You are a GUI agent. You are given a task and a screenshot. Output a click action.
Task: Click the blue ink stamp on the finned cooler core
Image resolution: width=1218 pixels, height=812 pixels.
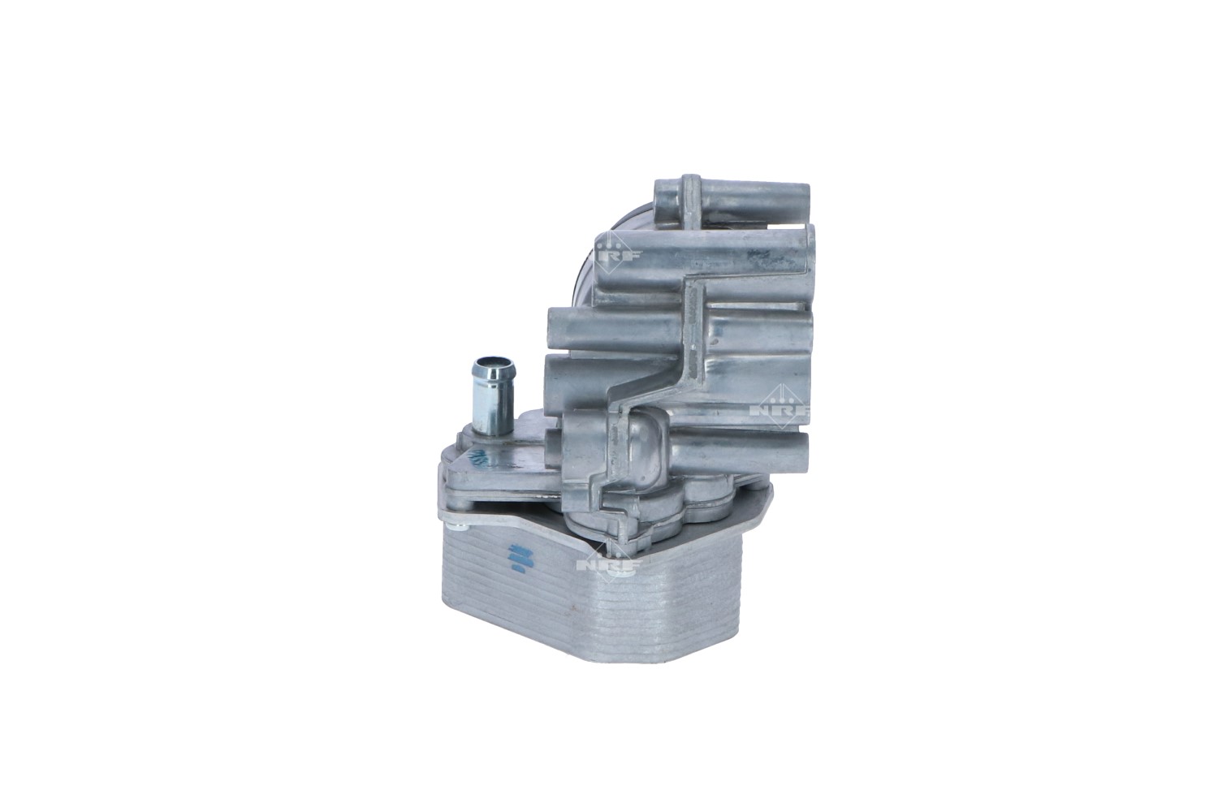click(516, 558)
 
